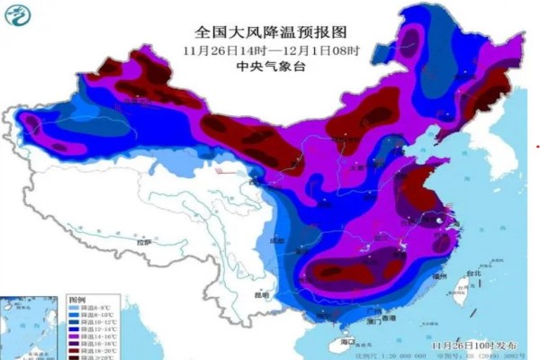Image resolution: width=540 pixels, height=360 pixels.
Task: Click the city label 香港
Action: coord(387,319)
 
